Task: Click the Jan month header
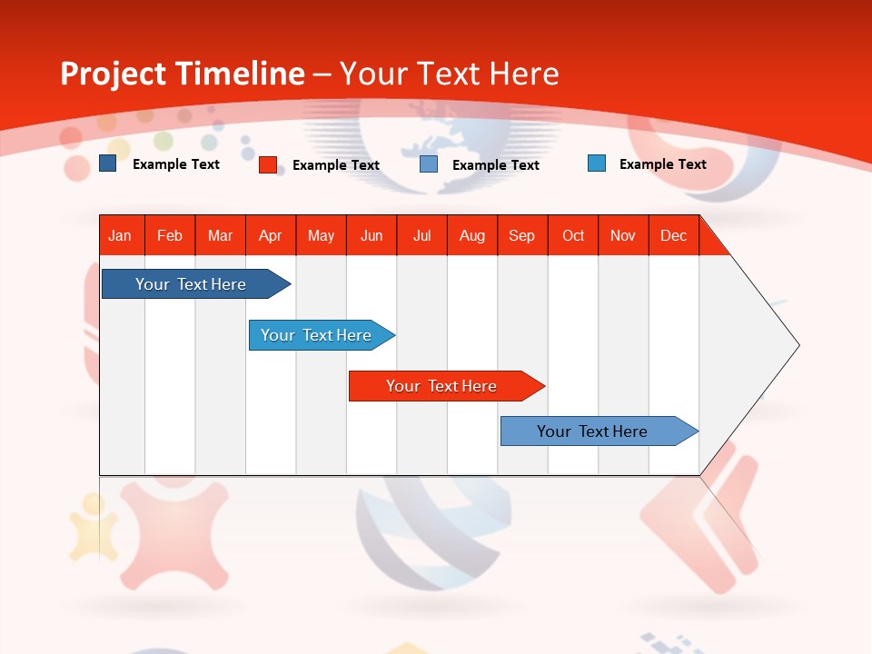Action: coord(121,235)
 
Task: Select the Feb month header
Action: coord(170,235)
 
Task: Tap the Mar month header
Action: coord(220,235)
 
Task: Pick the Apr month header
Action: coord(271,235)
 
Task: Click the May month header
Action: coord(321,235)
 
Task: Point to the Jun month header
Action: coord(372,235)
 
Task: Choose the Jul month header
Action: coord(421,235)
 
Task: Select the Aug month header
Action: coord(472,235)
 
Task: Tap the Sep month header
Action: coord(522,235)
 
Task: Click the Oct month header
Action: coord(573,235)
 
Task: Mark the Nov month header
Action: coord(623,235)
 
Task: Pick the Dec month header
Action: coord(674,235)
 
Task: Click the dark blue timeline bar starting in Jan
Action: coord(192,284)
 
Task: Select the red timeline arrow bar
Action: coord(442,386)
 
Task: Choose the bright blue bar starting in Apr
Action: coord(317,335)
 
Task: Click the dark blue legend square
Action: coord(108,163)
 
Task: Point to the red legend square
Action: coord(268,164)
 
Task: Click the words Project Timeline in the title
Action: coord(183,74)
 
